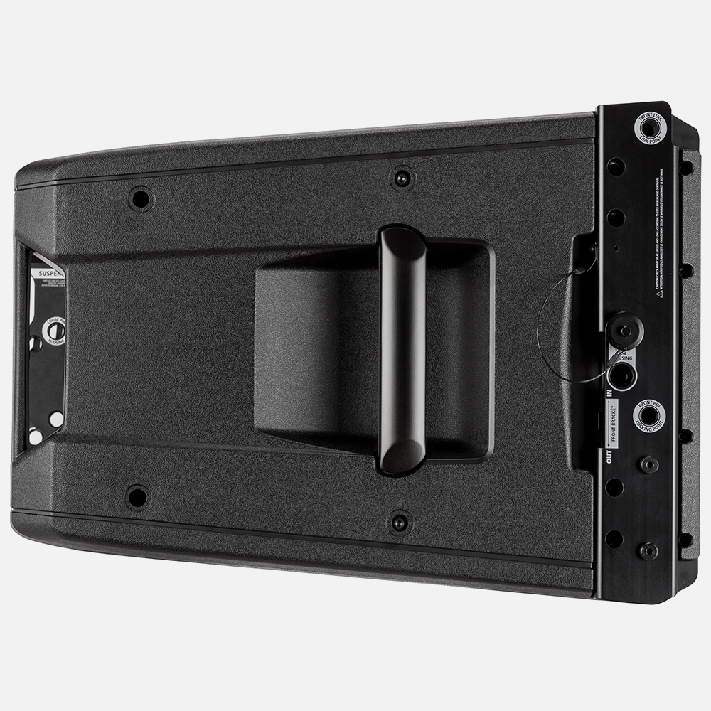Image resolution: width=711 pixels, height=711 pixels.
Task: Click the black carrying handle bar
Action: point(402,348)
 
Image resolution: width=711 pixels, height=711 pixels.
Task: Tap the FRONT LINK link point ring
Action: point(649,129)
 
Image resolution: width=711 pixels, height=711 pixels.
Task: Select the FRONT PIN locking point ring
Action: point(648,415)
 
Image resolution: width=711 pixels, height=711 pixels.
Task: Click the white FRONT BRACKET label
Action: point(611,422)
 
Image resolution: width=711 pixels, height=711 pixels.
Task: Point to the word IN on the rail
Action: point(609,391)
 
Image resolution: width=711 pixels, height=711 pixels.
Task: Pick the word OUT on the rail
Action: point(609,456)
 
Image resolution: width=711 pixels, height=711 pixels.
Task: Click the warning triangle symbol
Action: point(659,293)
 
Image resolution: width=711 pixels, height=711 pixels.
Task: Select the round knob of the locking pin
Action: point(624,328)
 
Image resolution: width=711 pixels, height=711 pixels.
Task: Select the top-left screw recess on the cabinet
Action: point(141,198)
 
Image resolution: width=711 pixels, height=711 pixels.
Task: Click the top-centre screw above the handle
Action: point(402,177)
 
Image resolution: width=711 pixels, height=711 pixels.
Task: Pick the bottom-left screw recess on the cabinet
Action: point(137,496)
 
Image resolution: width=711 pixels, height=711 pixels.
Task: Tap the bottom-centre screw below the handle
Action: point(400,522)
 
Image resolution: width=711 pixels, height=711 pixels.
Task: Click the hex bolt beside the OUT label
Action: point(648,464)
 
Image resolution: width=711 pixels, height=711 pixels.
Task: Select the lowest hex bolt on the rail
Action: point(648,550)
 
